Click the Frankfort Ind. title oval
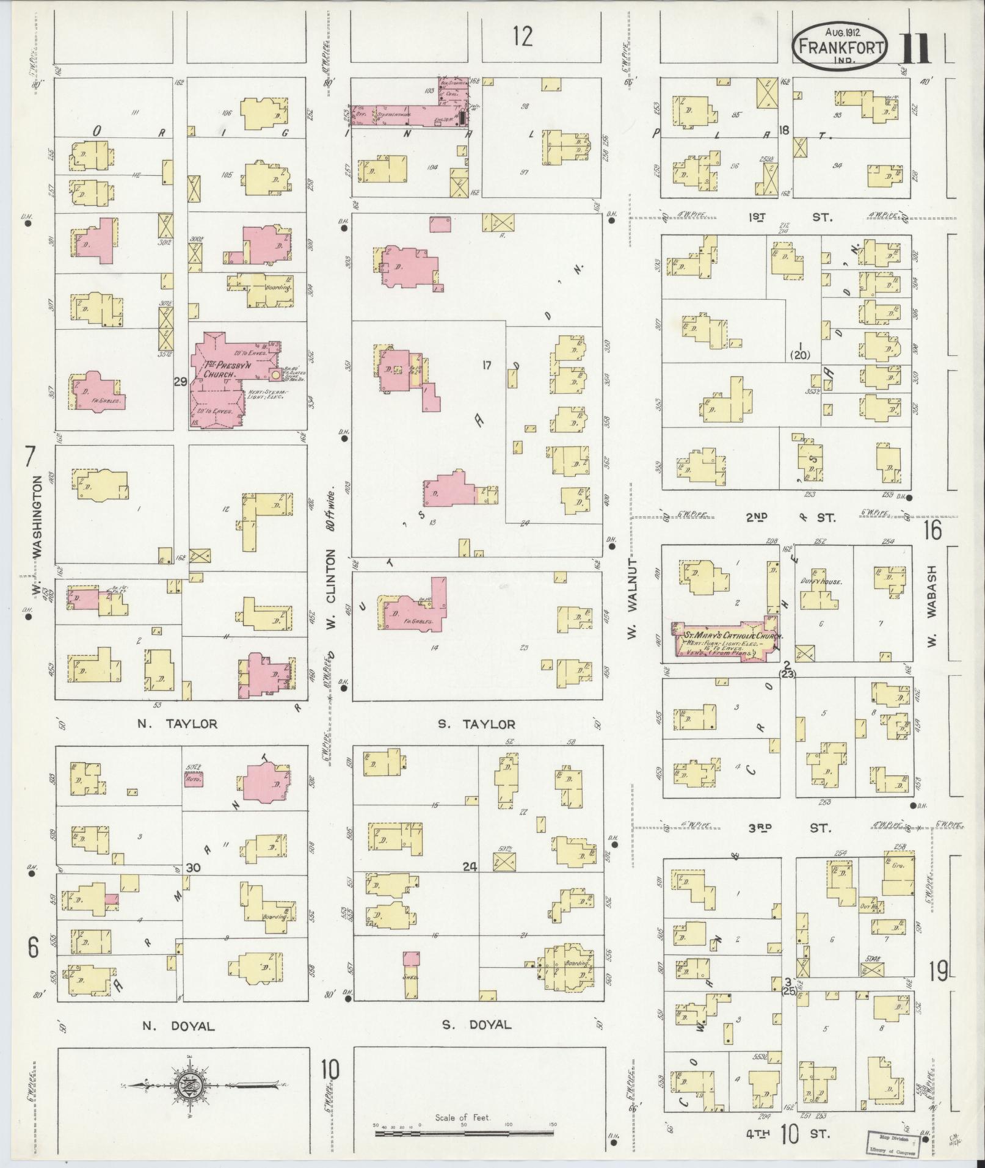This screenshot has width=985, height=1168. point(840,45)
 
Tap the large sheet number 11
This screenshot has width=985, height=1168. point(914,48)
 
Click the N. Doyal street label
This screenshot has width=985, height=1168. point(178,1026)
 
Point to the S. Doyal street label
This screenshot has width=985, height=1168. point(476,1024)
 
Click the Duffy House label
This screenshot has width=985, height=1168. point(821,581)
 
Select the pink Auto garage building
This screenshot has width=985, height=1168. point(194,779)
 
